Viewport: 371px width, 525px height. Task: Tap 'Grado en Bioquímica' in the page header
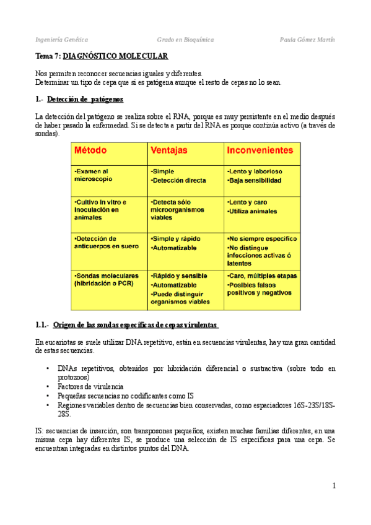pos(185,40)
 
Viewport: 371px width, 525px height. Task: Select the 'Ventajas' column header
pos(169,150)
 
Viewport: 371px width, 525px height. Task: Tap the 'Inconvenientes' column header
pos(260,150)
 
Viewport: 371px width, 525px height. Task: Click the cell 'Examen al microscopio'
pos(93,175)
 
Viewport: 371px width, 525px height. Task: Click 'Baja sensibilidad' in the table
pos(255,181)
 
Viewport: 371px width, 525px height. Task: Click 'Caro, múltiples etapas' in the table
pos(263,276)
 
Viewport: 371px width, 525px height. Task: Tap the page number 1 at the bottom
pos(333,486)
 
